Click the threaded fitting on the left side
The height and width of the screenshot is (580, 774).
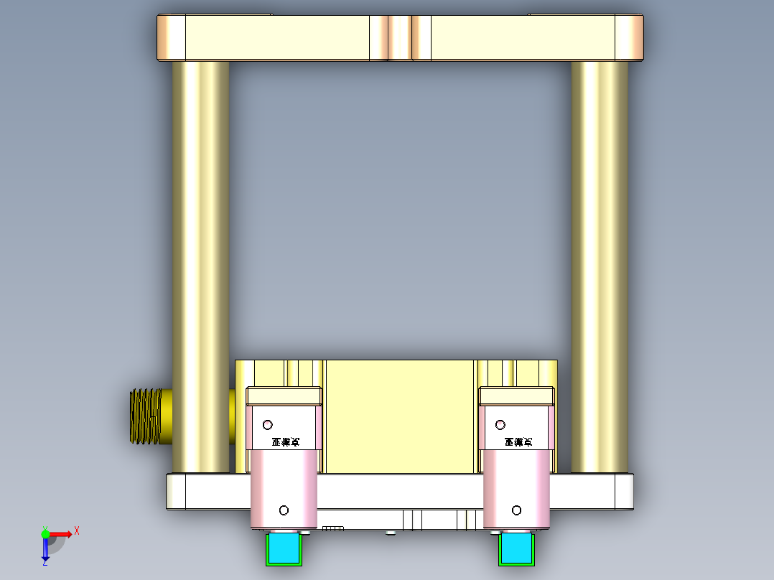pyautogui.click(x=145, y=416)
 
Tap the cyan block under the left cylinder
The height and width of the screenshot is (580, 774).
pyautogui.click(x=284, y=548)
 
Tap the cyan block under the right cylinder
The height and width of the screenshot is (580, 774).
pyautogui.click(x=516, y=548)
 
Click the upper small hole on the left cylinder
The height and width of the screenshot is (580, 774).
pyautogui.click(x=268, y=424)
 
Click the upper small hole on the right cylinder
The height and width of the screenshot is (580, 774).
pyautogui.click(x=500, y=425)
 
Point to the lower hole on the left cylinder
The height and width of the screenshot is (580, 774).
pyautogui.click(x=284, y=510)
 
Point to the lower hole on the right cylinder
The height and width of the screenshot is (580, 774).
pyautogui.click(x=516, y=510)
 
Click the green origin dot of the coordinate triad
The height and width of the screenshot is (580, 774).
pyautogui.click(x=45, y=533)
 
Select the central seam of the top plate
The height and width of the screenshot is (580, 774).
pyautogui.click(x=400, y=37)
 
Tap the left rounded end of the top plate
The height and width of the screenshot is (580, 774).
pyautogui.click(x=172, y=37)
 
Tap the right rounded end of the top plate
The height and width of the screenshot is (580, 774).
pyautogui.click(x=629, y=37)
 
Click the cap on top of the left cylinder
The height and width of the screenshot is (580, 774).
pyautogui.click(x=284, y=396)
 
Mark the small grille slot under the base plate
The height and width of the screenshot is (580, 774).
pyautogui.click(x=333, y=528)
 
